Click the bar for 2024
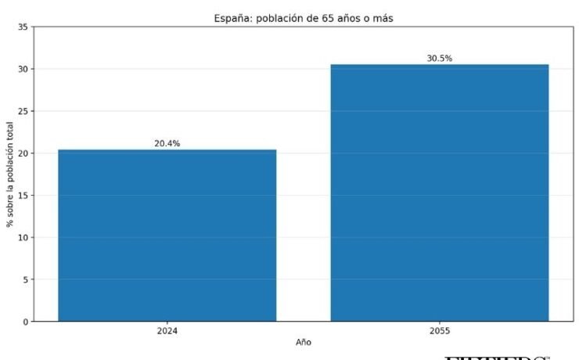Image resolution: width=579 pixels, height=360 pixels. pyautogui.click(x=167, y=235)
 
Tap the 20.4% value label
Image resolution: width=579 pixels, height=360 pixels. pyautogui.click(x=167, y=143)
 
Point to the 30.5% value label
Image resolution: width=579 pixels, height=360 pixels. pyautogui.click(x=439, y=59)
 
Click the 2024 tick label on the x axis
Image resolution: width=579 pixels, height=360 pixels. pyautogui.click(x=167, y=331)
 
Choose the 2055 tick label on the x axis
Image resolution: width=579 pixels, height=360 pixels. pyautogui.click(x=439, y=331)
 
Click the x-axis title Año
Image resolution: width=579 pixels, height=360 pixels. pyautogui.click(x=304, y=343)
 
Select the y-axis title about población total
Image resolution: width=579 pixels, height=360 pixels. pyautogui.click(x=10, y=175)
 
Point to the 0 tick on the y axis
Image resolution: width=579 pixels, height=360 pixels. pyautogui.click(x=26, y=322)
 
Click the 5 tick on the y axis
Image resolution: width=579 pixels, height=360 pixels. pyautogui.click(x=26, y=279)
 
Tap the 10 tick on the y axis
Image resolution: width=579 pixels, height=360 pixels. pyautogui.click(x=23, y=237)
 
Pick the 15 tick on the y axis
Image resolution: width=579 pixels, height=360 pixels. pyautogui.click(x=23, y=196)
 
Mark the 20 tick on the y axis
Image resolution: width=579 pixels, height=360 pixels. pyautogui.click(x=23, y=153)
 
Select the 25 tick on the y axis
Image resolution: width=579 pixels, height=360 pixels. pyautogui.click(x=23, y=111)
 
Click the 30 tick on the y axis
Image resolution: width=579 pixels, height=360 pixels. pyautogui.click(x=23, y=69)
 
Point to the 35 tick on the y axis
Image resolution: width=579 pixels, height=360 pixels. pyautogui.click(x=23, y=27)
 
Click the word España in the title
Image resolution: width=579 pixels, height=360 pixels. pyautogui.click(x=232, y=17)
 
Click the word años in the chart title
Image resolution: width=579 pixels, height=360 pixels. pyautogui.click(x=354, y=17)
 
